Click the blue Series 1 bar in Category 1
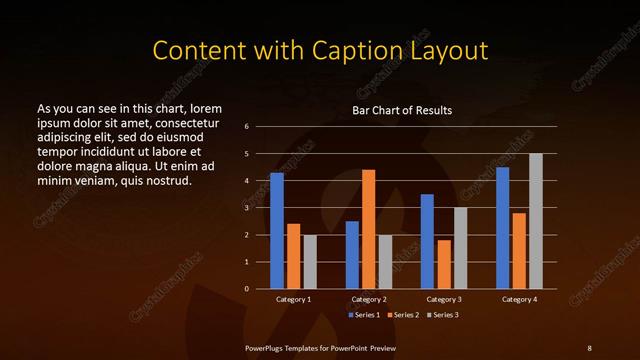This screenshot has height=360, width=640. tap(277, 231)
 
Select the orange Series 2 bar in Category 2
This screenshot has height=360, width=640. tap(369, 229)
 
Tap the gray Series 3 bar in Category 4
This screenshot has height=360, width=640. tap(536, 221)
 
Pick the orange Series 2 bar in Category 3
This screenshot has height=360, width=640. tap(444, 264)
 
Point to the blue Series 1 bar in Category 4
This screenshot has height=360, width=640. tap(502, 228)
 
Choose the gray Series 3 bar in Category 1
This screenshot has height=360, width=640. tap(310, 262)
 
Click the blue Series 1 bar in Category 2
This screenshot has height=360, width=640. tap(352, 255)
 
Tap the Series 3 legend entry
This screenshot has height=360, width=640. tap(443, 315)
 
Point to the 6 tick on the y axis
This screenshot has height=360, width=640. tap(246, 127)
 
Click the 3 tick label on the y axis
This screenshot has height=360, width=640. tap(246, 208)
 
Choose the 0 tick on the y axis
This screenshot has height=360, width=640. tap(246, 289)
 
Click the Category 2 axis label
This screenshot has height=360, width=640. tap(369, 299)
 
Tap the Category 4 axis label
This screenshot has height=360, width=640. tap(519, 299)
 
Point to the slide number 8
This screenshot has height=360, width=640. tap(590, 347)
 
